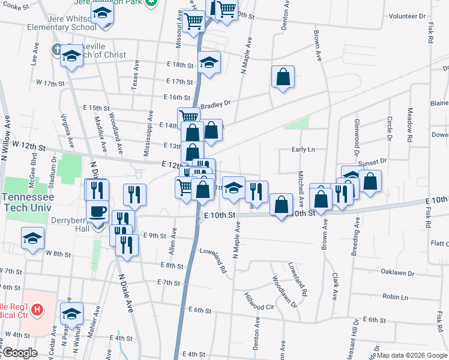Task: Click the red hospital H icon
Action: [37, 310]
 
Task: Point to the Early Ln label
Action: [304, 149]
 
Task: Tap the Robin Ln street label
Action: [395, 297]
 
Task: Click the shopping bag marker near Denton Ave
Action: [283, 77]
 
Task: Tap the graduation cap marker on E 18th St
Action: [209, 62]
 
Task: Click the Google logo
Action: [20, 353]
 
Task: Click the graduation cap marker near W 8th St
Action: [32, 238]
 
